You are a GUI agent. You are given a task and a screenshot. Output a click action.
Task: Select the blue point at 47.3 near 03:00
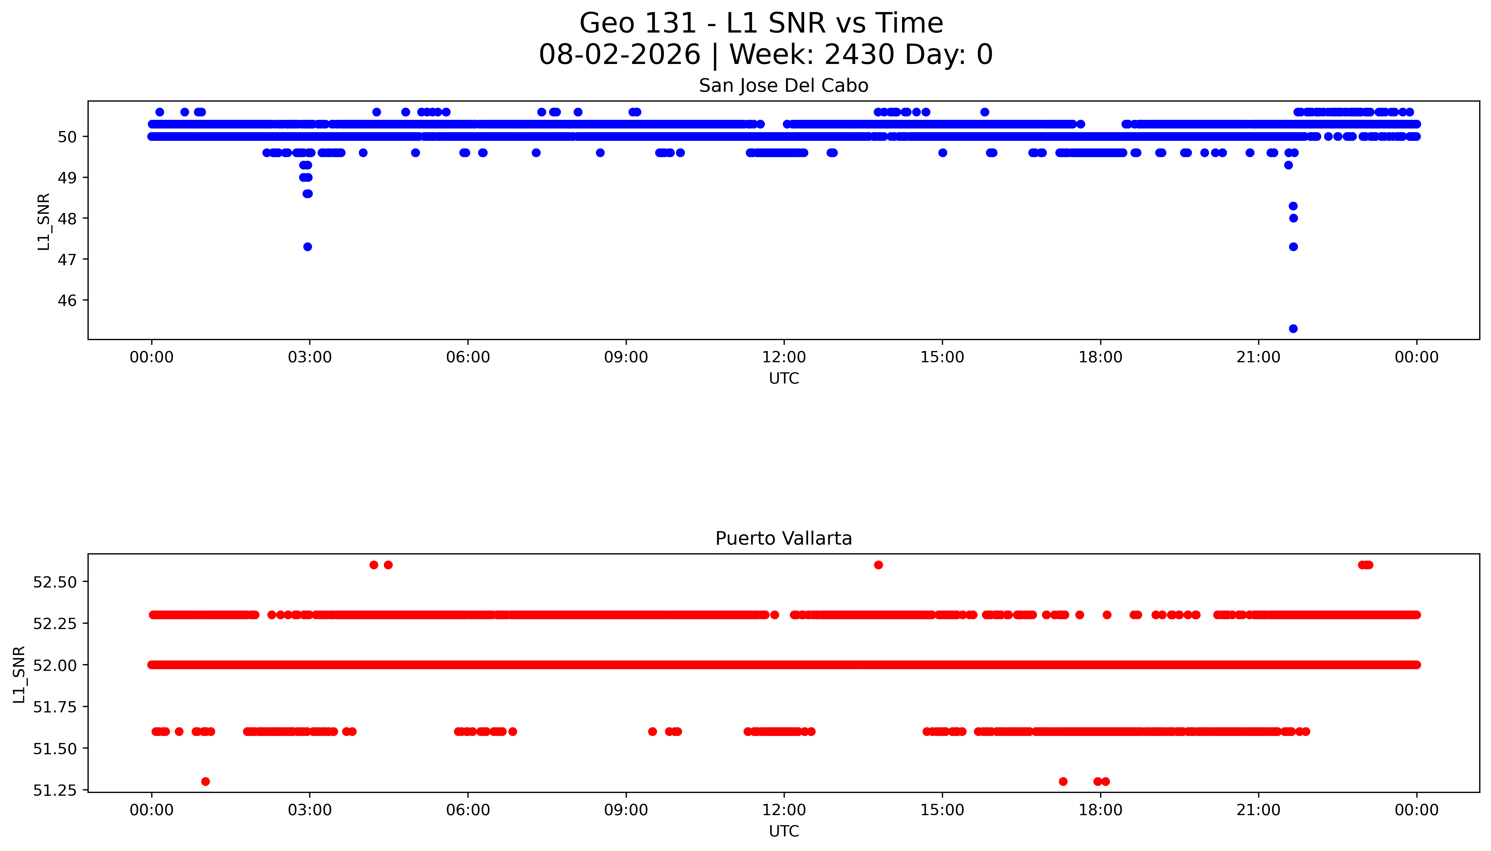(x=308, y=247)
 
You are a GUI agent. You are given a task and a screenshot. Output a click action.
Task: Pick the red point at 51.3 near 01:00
(x=205, y=781)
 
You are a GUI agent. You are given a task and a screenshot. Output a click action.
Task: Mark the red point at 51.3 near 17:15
(x=1063, y=781)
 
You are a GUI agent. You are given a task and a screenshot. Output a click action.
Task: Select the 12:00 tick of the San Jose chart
(x=784, y=357)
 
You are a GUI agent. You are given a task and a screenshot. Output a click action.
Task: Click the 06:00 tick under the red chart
(x=467, y=810)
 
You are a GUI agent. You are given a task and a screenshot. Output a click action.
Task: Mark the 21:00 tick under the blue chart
(x=1258, y=357)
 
